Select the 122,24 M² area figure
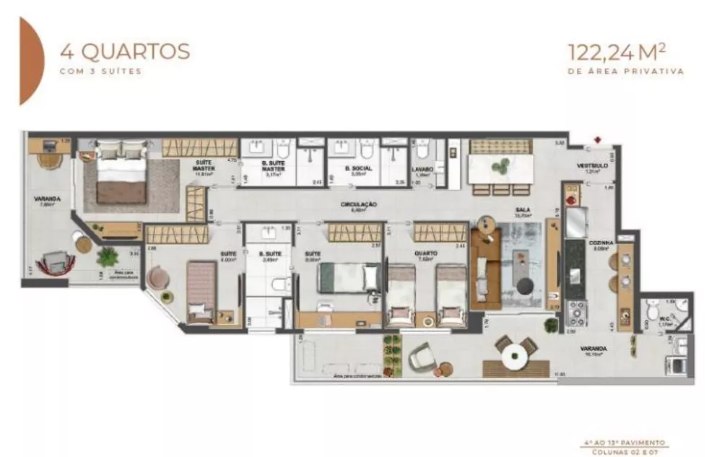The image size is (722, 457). [x=625, y=52]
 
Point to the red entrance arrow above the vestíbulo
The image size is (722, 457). [x=596, y=140]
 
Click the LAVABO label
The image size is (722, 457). [x=422, y=170]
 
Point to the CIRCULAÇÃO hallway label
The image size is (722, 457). [x=359, y=205]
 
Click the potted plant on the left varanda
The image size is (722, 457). [x=107, y=256]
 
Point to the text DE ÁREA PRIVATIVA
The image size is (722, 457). [x=625, y=71]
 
